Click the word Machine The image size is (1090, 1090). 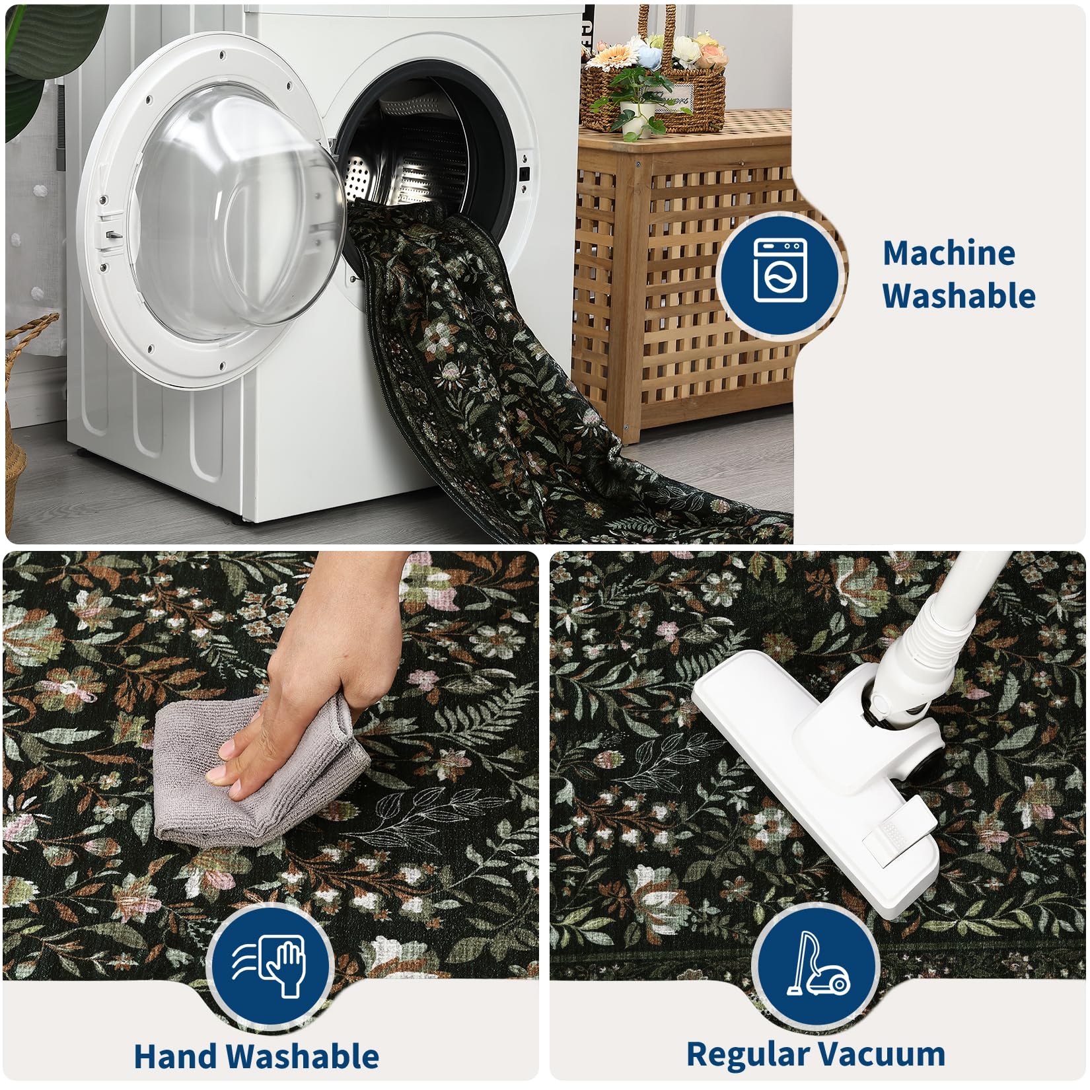949,253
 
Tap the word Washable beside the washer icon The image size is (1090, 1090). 959,295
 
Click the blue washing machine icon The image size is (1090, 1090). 780,274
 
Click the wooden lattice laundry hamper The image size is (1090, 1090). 684,277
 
